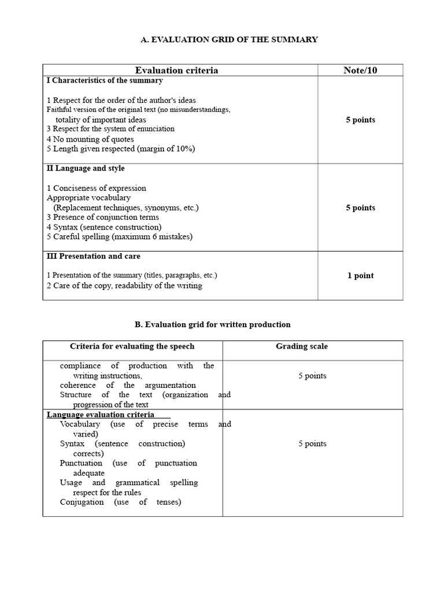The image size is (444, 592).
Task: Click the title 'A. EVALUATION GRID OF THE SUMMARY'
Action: coord(230,39)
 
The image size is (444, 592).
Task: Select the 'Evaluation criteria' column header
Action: coord(176,70)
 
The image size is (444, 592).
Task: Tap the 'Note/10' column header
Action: coord(360,70)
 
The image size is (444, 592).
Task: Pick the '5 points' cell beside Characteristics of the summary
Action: coord(360,120)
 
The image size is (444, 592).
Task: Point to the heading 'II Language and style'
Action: coord(86,168)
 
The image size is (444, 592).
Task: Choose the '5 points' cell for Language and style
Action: coord(360,208)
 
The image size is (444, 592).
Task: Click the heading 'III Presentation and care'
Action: coord(93,256)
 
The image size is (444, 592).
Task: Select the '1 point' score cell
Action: coord(360,276)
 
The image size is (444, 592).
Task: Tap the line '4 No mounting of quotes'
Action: coord(90,139)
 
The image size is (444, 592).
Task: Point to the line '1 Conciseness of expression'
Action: coord(97,188)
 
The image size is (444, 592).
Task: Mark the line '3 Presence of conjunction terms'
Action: coord(103,217)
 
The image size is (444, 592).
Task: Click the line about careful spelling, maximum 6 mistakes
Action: coord(120,236)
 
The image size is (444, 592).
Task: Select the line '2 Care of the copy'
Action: coord(124,286)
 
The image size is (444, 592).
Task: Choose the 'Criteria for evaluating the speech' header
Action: coord(132,346)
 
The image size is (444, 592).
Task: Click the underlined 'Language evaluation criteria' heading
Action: coord(101,415)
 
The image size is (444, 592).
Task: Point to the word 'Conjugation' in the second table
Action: coord(82,502)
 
